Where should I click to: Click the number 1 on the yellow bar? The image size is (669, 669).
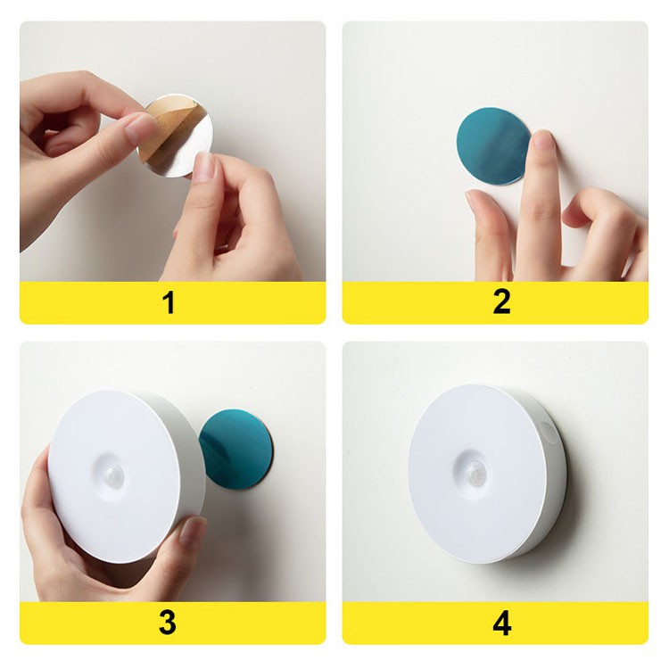click(x=169, y=303)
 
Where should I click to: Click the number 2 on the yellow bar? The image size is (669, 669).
click(x=501, y=303)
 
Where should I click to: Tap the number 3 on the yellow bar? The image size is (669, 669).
click(x=168, y=622)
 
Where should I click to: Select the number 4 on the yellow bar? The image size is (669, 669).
click(x=502, y=623)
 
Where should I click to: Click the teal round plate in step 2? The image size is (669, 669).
click(x=492, y=146)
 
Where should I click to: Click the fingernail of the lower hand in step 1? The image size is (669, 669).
click(x=205, y=166)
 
